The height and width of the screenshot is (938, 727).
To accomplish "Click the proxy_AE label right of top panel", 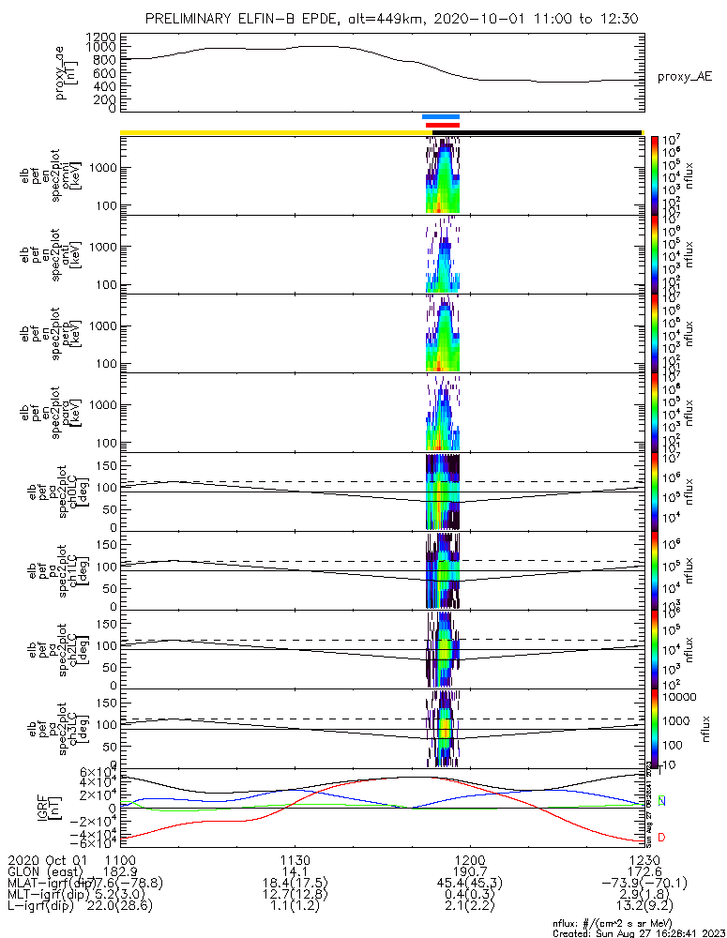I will pos(684,77).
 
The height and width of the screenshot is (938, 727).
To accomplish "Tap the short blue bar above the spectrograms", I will pos(440,117).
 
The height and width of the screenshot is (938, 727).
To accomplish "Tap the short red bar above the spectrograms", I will pos(442,125).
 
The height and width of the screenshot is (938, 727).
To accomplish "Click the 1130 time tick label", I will pos(295,859).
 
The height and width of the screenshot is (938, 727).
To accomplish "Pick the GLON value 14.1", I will pos(295,871).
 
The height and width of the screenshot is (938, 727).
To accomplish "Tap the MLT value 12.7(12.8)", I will pos(295,896).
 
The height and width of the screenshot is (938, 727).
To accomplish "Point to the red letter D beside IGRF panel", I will pos(662,837).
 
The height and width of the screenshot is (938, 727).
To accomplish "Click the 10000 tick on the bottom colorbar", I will pos(681,697).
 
